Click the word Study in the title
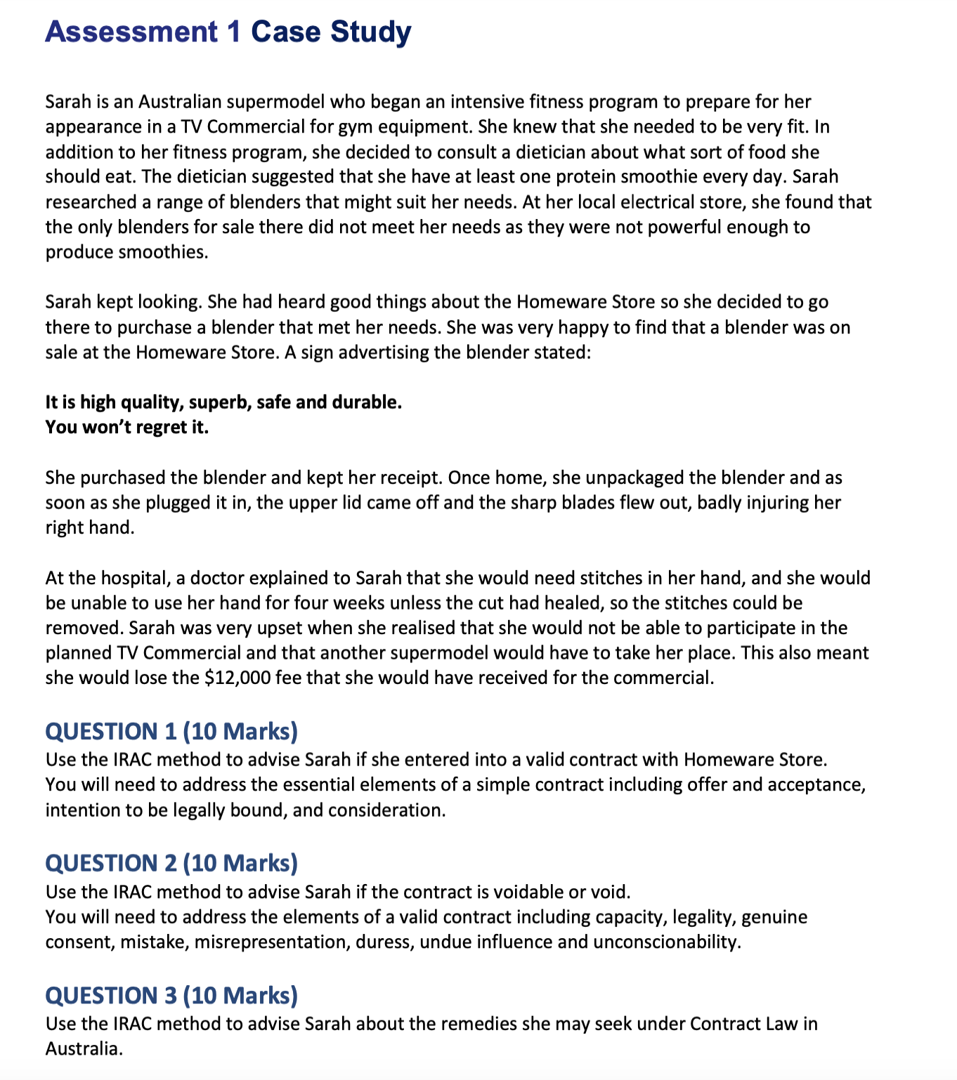tap(371, 32)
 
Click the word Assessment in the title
tap(131, 32)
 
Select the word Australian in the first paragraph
tap(179, 102)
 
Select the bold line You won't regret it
tap(127, 427)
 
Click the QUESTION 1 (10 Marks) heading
tap(171, 731)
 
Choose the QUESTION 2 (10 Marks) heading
tap(171, 863)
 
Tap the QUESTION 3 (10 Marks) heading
tap(171, 995)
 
